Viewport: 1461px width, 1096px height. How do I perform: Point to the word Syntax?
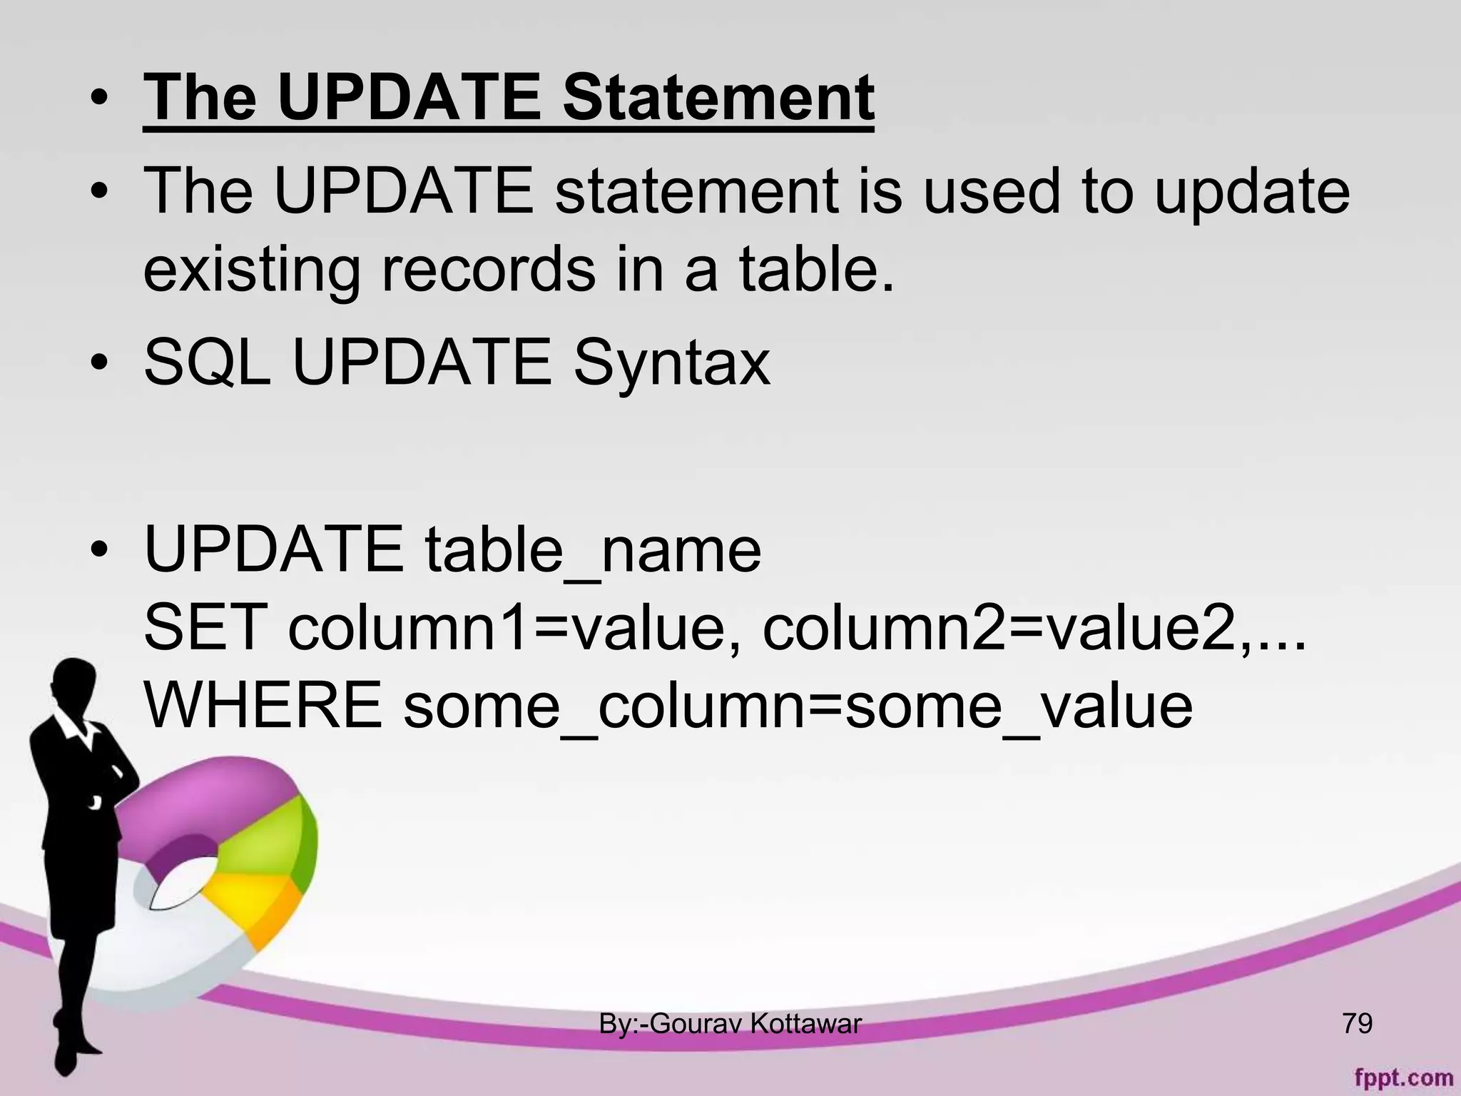point(671,363)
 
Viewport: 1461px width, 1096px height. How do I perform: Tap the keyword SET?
point(205,628)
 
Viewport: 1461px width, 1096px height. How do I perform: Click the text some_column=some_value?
point(798,705)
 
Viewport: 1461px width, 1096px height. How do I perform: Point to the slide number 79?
point(1357,1023)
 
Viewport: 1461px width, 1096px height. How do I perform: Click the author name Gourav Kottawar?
point(756,1024)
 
